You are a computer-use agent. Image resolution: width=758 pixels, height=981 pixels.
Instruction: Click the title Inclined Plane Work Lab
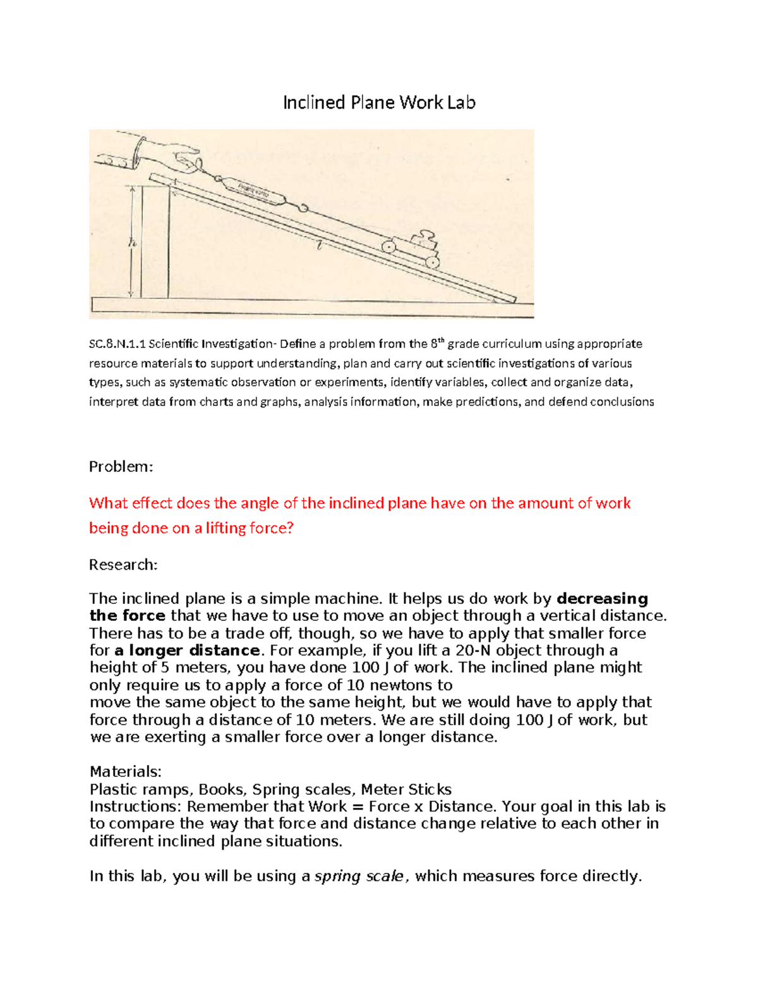(379, 102)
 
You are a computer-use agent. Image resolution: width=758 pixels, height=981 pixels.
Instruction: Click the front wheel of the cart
(433, 261)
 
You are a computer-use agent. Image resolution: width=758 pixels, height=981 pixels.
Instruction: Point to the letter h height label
(131, 243)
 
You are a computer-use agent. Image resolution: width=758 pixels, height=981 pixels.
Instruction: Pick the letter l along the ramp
(320, 247)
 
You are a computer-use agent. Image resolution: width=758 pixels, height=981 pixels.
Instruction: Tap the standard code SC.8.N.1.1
(117, 344)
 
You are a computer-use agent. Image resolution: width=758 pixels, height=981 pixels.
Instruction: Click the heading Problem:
(121, 467)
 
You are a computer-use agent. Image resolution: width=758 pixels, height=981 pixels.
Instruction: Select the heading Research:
(123, 565)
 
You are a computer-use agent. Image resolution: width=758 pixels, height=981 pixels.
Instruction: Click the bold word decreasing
(602, 599)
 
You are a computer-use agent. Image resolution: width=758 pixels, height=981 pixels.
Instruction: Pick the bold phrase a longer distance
(188, 651)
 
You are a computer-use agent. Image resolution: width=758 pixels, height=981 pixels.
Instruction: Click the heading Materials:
(126, 771)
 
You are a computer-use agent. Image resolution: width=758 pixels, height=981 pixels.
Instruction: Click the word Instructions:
(136, 807)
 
